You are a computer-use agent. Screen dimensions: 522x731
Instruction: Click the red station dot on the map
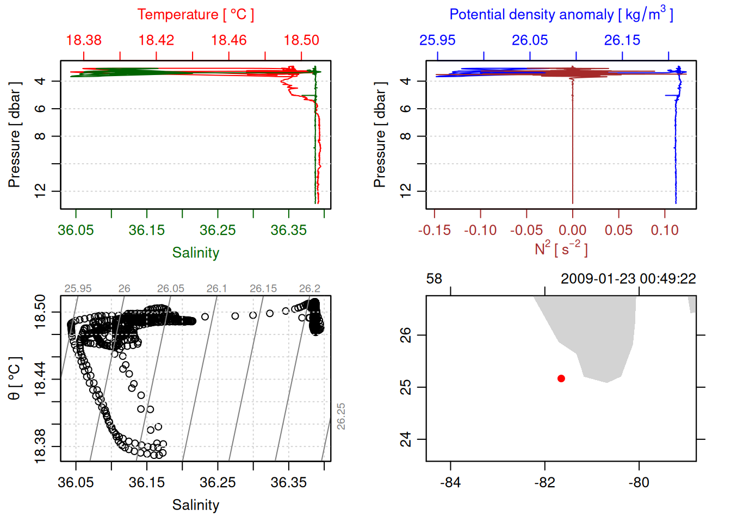(561, 378)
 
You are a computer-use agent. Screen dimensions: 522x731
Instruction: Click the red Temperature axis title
(195, 15)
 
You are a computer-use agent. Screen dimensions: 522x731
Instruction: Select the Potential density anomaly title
(561, 14)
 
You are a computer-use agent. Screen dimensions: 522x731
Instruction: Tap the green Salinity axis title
(195, 253)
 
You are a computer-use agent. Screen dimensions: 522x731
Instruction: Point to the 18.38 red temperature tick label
(84, 40)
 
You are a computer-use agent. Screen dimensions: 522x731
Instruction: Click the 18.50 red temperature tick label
(301, 40)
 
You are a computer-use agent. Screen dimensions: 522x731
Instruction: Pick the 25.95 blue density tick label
(437, 40)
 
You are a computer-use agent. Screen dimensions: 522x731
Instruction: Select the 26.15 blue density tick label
(622, 40)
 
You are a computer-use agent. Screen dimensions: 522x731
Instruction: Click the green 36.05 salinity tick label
(76, 230)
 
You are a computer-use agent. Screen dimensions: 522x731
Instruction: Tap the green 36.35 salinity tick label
(289, 230)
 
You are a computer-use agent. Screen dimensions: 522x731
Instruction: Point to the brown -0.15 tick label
(434, 230)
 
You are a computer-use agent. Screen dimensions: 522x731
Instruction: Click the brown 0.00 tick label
(572, 230)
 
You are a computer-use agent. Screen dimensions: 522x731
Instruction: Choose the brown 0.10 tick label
(665, 230)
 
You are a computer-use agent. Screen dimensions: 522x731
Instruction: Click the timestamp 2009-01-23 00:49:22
(628, 279)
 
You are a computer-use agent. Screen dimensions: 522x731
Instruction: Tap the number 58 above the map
(434, 279)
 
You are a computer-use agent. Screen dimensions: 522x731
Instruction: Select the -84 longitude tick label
(450, 482)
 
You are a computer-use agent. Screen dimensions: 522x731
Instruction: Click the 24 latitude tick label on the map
(406, 439)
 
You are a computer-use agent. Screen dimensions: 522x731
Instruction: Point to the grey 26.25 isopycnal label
(341, 416)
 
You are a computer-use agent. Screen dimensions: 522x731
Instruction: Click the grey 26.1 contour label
(216, 289)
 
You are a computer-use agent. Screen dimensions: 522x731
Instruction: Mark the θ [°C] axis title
(15, 378)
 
